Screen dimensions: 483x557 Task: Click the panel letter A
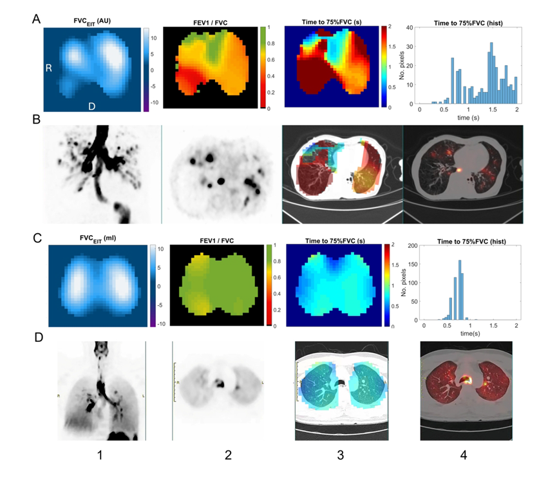tap(39, 19)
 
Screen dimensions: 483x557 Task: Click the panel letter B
tap(39, 120)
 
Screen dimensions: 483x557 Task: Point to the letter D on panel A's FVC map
tap(92, 106)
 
